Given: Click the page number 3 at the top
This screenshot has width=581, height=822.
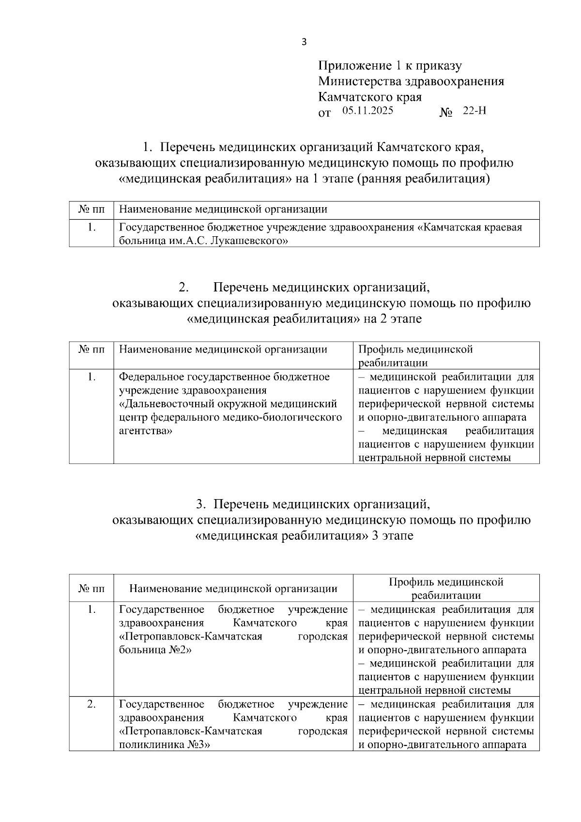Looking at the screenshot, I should [x=304, y=42].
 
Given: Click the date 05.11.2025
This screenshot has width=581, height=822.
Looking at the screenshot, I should [x=367, y=111].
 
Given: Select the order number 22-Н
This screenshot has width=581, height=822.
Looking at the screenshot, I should [x=474, y=111].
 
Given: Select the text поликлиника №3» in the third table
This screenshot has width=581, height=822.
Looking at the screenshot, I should [x=165, y=745].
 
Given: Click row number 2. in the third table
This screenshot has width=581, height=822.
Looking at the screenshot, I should [x=91, y=704].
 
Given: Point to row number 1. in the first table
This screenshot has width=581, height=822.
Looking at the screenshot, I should [x=91, y=227].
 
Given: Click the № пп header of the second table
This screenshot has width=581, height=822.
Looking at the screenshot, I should [x=91, y=350].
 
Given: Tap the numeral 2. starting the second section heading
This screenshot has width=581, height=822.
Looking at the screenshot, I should [x=183, y=288].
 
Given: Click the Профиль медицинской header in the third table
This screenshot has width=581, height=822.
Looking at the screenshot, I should [x=446, y=582].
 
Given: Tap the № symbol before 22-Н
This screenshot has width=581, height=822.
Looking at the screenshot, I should [x=445, y=113].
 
